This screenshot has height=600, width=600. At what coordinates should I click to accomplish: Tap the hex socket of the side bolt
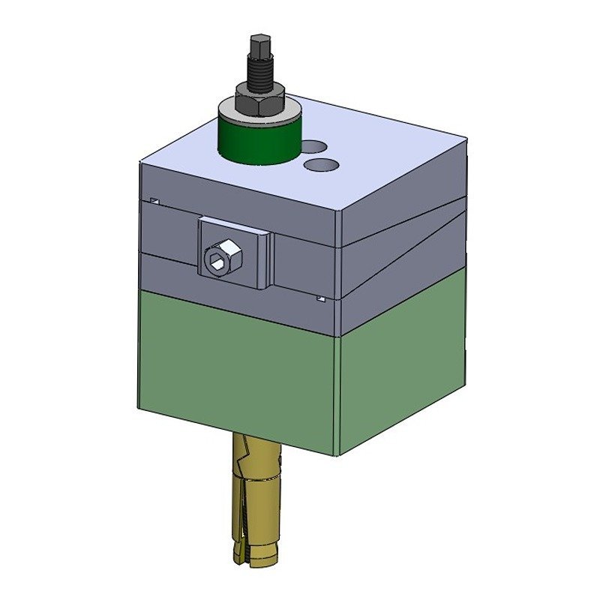pos(217,259)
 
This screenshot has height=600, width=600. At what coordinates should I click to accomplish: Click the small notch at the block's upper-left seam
pos(154,201)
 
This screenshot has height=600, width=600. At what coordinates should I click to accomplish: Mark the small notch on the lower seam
pos(320,298)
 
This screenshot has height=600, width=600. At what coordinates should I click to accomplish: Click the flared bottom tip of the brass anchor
pos(255,556)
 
